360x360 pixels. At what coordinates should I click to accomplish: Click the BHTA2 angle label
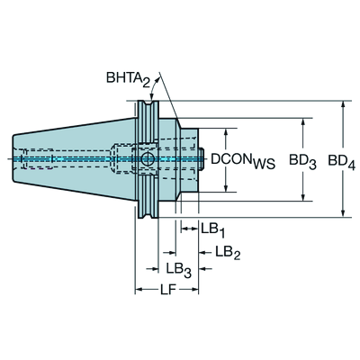tap(128, 79)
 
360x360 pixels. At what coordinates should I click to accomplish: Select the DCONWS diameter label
tap(243, 161)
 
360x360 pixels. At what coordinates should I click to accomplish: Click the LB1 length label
tap(213, 229)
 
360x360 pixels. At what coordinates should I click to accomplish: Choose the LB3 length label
tap(179, 269)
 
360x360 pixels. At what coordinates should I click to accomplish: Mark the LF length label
tap(167, 290)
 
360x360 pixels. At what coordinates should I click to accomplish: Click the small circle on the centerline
tap(147, 158)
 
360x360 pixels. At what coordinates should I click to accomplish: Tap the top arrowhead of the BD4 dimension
tap(343, 105)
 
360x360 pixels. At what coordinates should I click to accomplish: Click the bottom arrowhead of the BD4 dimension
tap(343, 212)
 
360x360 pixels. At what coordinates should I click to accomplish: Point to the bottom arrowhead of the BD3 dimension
tap(303, 197)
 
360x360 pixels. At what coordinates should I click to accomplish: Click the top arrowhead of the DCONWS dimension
tap(226, 132)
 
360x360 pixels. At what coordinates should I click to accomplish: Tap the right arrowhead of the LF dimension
tap(194, 290)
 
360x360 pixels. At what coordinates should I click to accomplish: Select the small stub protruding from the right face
tap(202, 158)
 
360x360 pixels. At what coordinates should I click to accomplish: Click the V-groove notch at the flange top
tap(148, 105)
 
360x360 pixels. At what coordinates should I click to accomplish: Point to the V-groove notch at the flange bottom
tap(148, 213)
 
